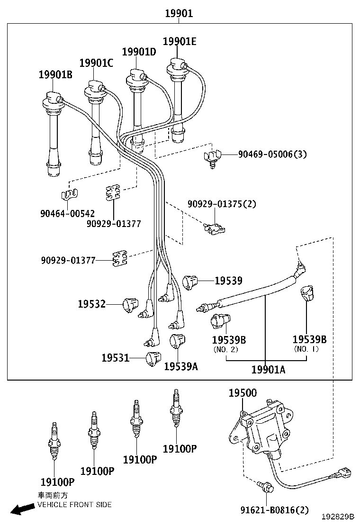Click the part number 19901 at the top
[x=179, y=14]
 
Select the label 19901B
[x=55, y=74]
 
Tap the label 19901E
[x=179, y=41]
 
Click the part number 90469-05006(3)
[x=272, y=154]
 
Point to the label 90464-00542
[x=67, y=214]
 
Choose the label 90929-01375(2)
[x=221, y=204]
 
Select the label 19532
[x=92, y=304]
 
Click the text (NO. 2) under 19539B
[x=225, y=350]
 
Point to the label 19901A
[x=268, y=370]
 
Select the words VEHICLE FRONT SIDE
[x=75, y=505]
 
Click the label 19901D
[x=139, y=52]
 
